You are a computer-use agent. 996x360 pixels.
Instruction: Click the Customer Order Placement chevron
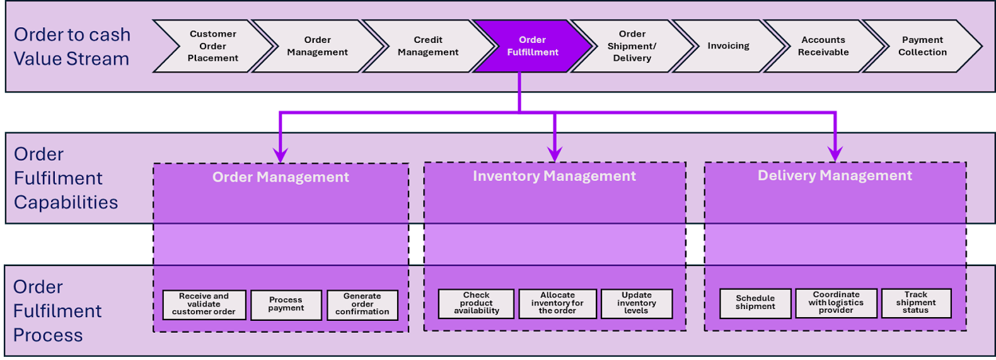(x=213, y=46)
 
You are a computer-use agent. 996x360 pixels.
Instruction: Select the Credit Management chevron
(x=428, y=46)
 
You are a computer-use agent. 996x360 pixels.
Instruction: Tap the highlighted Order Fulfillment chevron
(x=533, y=46)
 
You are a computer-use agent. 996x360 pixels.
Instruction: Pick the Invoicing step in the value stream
(x=728, y=46)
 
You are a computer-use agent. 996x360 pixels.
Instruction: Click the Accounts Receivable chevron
(x=823, y=46)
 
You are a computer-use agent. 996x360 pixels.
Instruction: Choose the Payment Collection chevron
(x=922, y=46)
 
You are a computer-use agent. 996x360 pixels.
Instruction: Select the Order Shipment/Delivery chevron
(x=632, y=46)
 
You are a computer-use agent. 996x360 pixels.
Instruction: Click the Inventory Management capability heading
(x=554, y=177)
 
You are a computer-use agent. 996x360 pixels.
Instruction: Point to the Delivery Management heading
(x=835, y=176)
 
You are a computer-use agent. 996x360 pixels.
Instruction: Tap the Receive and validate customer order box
(x=204, y=304)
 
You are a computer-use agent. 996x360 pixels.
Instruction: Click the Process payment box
(x=286, y=305)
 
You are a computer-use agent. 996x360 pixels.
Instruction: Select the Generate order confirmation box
(x=362, y=304)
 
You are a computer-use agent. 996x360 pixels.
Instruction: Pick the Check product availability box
(x=476, y=303)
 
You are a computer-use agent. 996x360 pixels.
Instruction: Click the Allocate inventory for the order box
(x=557, y=303)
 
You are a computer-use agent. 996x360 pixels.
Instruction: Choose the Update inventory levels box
(x=637, y=303)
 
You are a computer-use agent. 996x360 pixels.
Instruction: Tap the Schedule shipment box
(x=755, y=303)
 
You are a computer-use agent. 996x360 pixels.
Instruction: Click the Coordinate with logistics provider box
(x=836, y=303)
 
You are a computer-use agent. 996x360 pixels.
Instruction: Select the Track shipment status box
(x=916, y=303)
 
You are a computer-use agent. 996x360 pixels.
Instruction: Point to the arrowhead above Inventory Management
(x=555, y=154)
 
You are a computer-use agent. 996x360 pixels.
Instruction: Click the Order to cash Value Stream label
(x=72, y=47)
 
